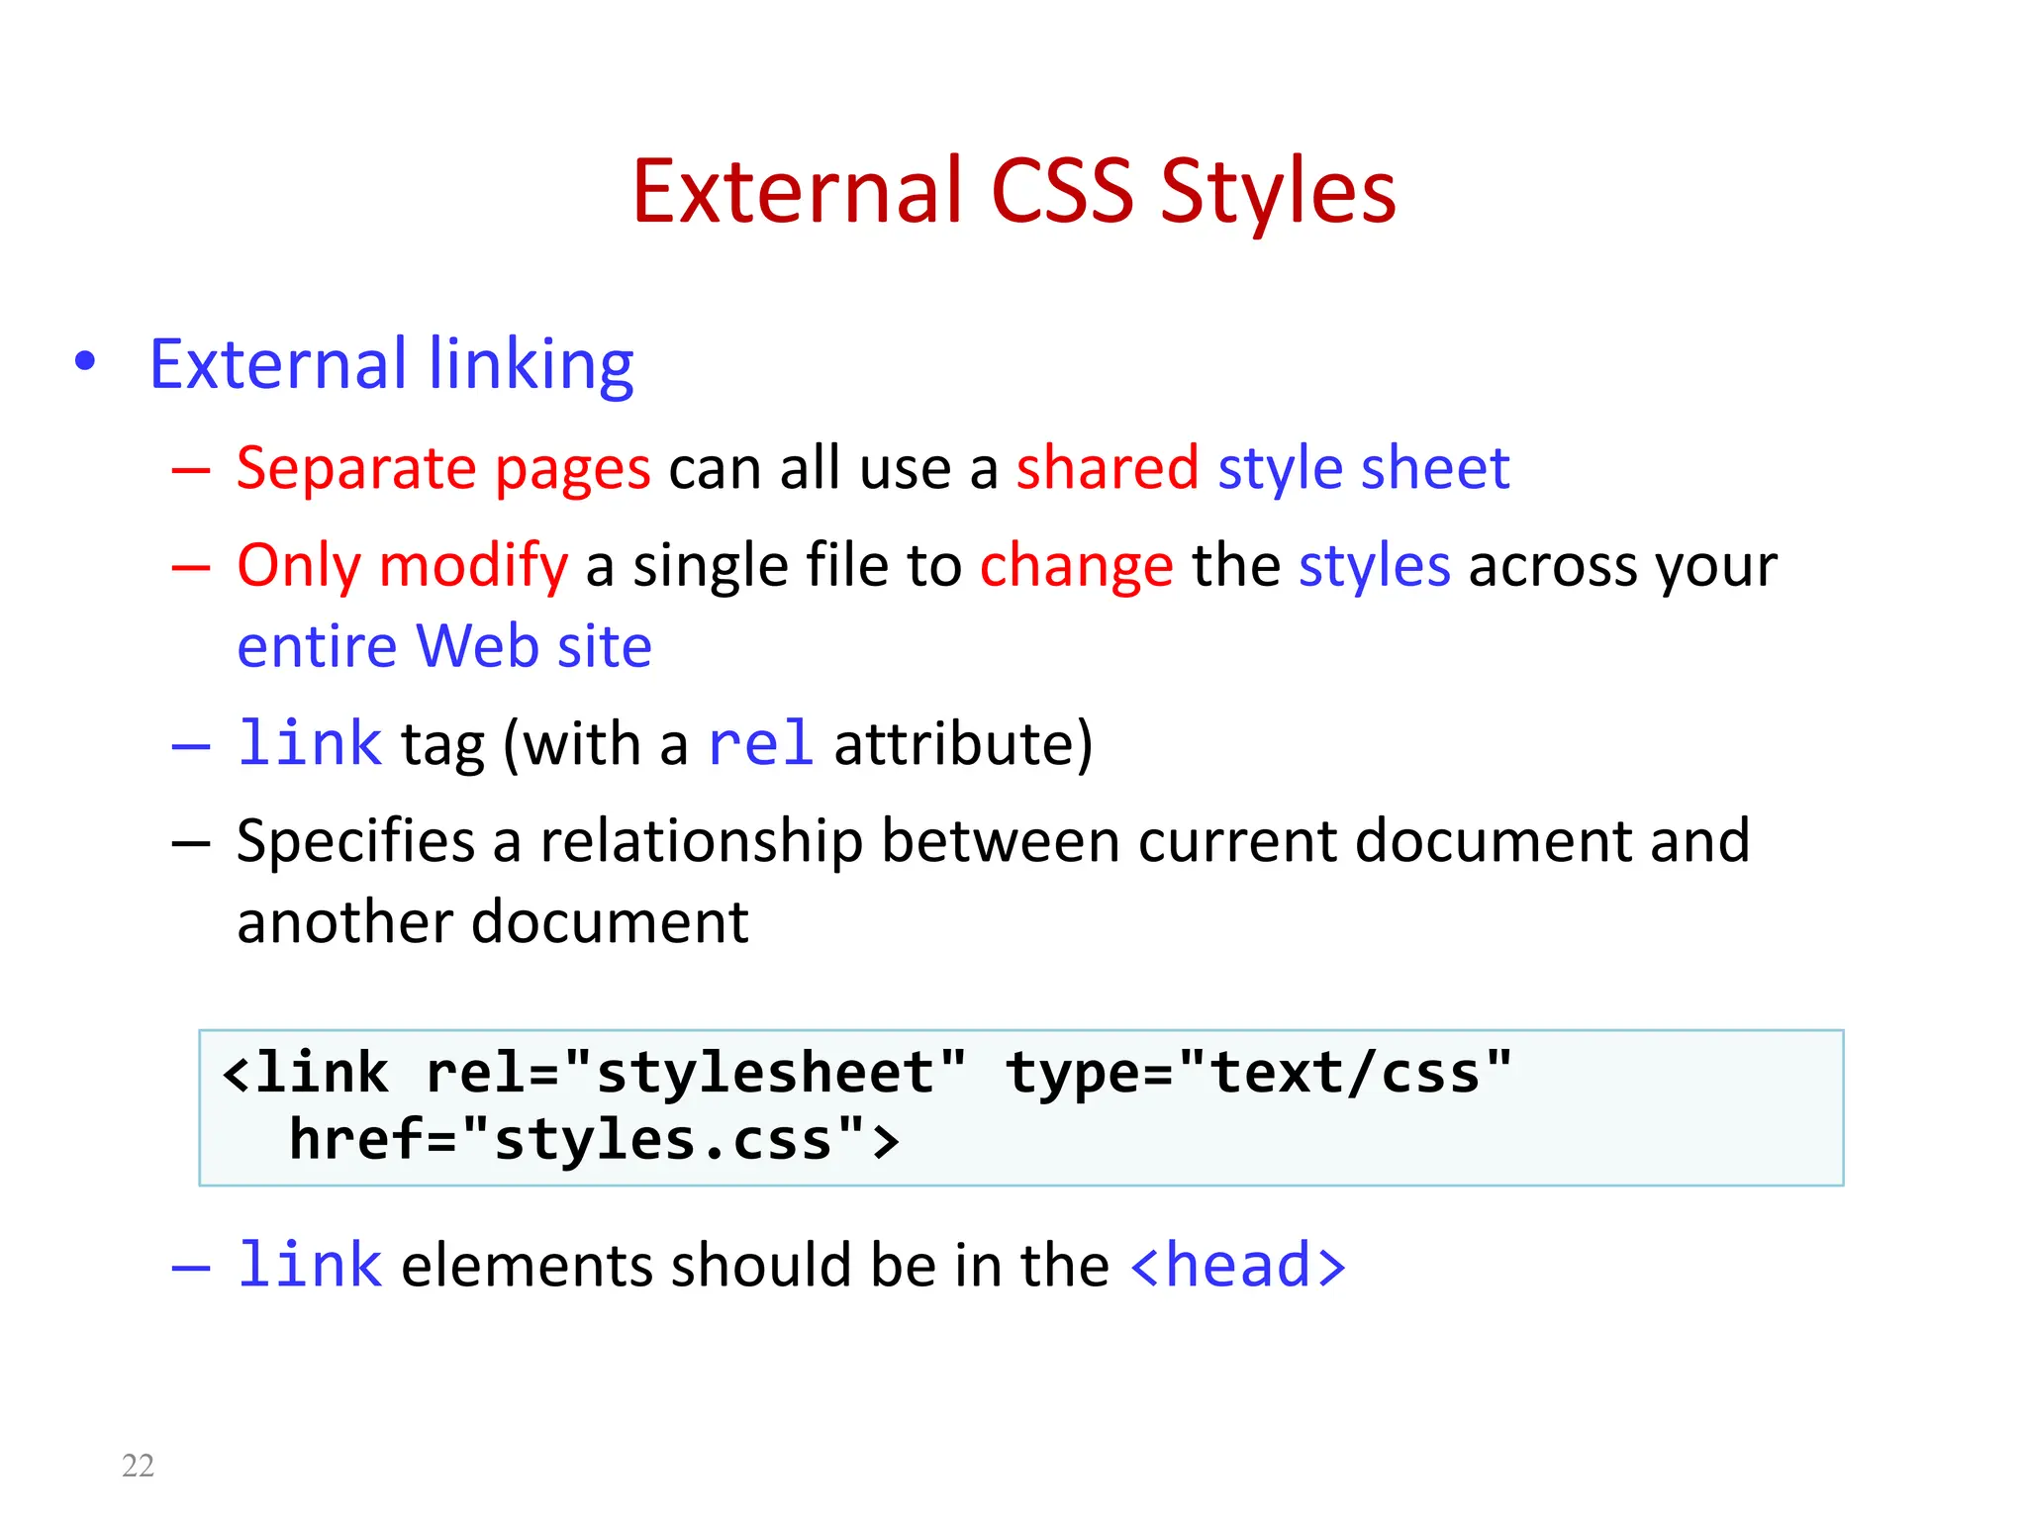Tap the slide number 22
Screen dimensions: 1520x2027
click(138, 1466)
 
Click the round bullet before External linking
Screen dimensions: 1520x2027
click(85, 362)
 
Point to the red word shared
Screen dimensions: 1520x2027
click(1108, 468)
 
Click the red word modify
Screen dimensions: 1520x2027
click(473, 567)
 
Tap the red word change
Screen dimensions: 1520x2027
click(1076, 567)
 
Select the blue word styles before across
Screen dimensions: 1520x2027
click(1374, 566)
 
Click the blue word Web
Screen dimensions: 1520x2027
click(477, 647)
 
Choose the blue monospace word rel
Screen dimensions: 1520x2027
click(761, 743)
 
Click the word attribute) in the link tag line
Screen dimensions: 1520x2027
click(963, 744)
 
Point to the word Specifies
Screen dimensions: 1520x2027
click(355, 842)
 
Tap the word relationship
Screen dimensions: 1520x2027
click(701, 842)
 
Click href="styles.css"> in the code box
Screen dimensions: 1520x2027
click(594, 1140)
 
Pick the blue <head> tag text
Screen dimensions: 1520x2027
click(1237, 1266)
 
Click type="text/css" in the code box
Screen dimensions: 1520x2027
click(1258, 1074)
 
